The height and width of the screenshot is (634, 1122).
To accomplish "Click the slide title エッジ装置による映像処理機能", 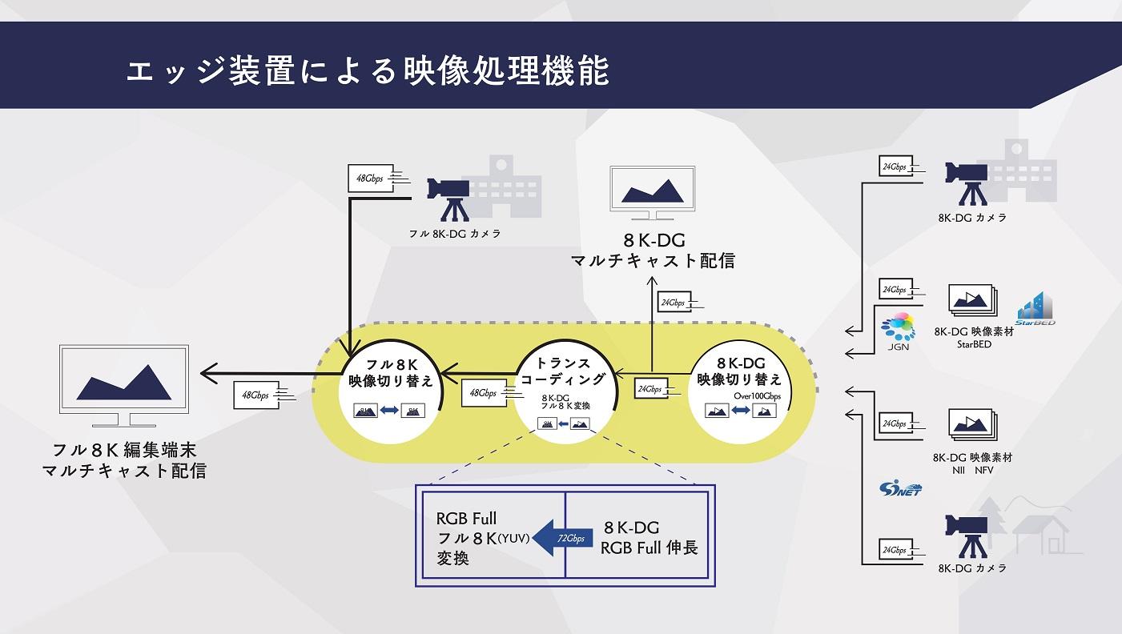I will click(x=367, y=70).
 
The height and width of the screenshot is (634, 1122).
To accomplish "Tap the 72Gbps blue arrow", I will click(x=565, y=537).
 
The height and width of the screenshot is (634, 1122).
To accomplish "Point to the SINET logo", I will click(x=899, y=487).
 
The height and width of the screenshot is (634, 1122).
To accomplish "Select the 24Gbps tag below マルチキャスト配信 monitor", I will click(x=673, y=303).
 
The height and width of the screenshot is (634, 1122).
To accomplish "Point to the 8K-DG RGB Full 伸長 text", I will click(x=649, y=538).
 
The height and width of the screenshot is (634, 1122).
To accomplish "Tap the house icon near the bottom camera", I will click(x=1040, y=529).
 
